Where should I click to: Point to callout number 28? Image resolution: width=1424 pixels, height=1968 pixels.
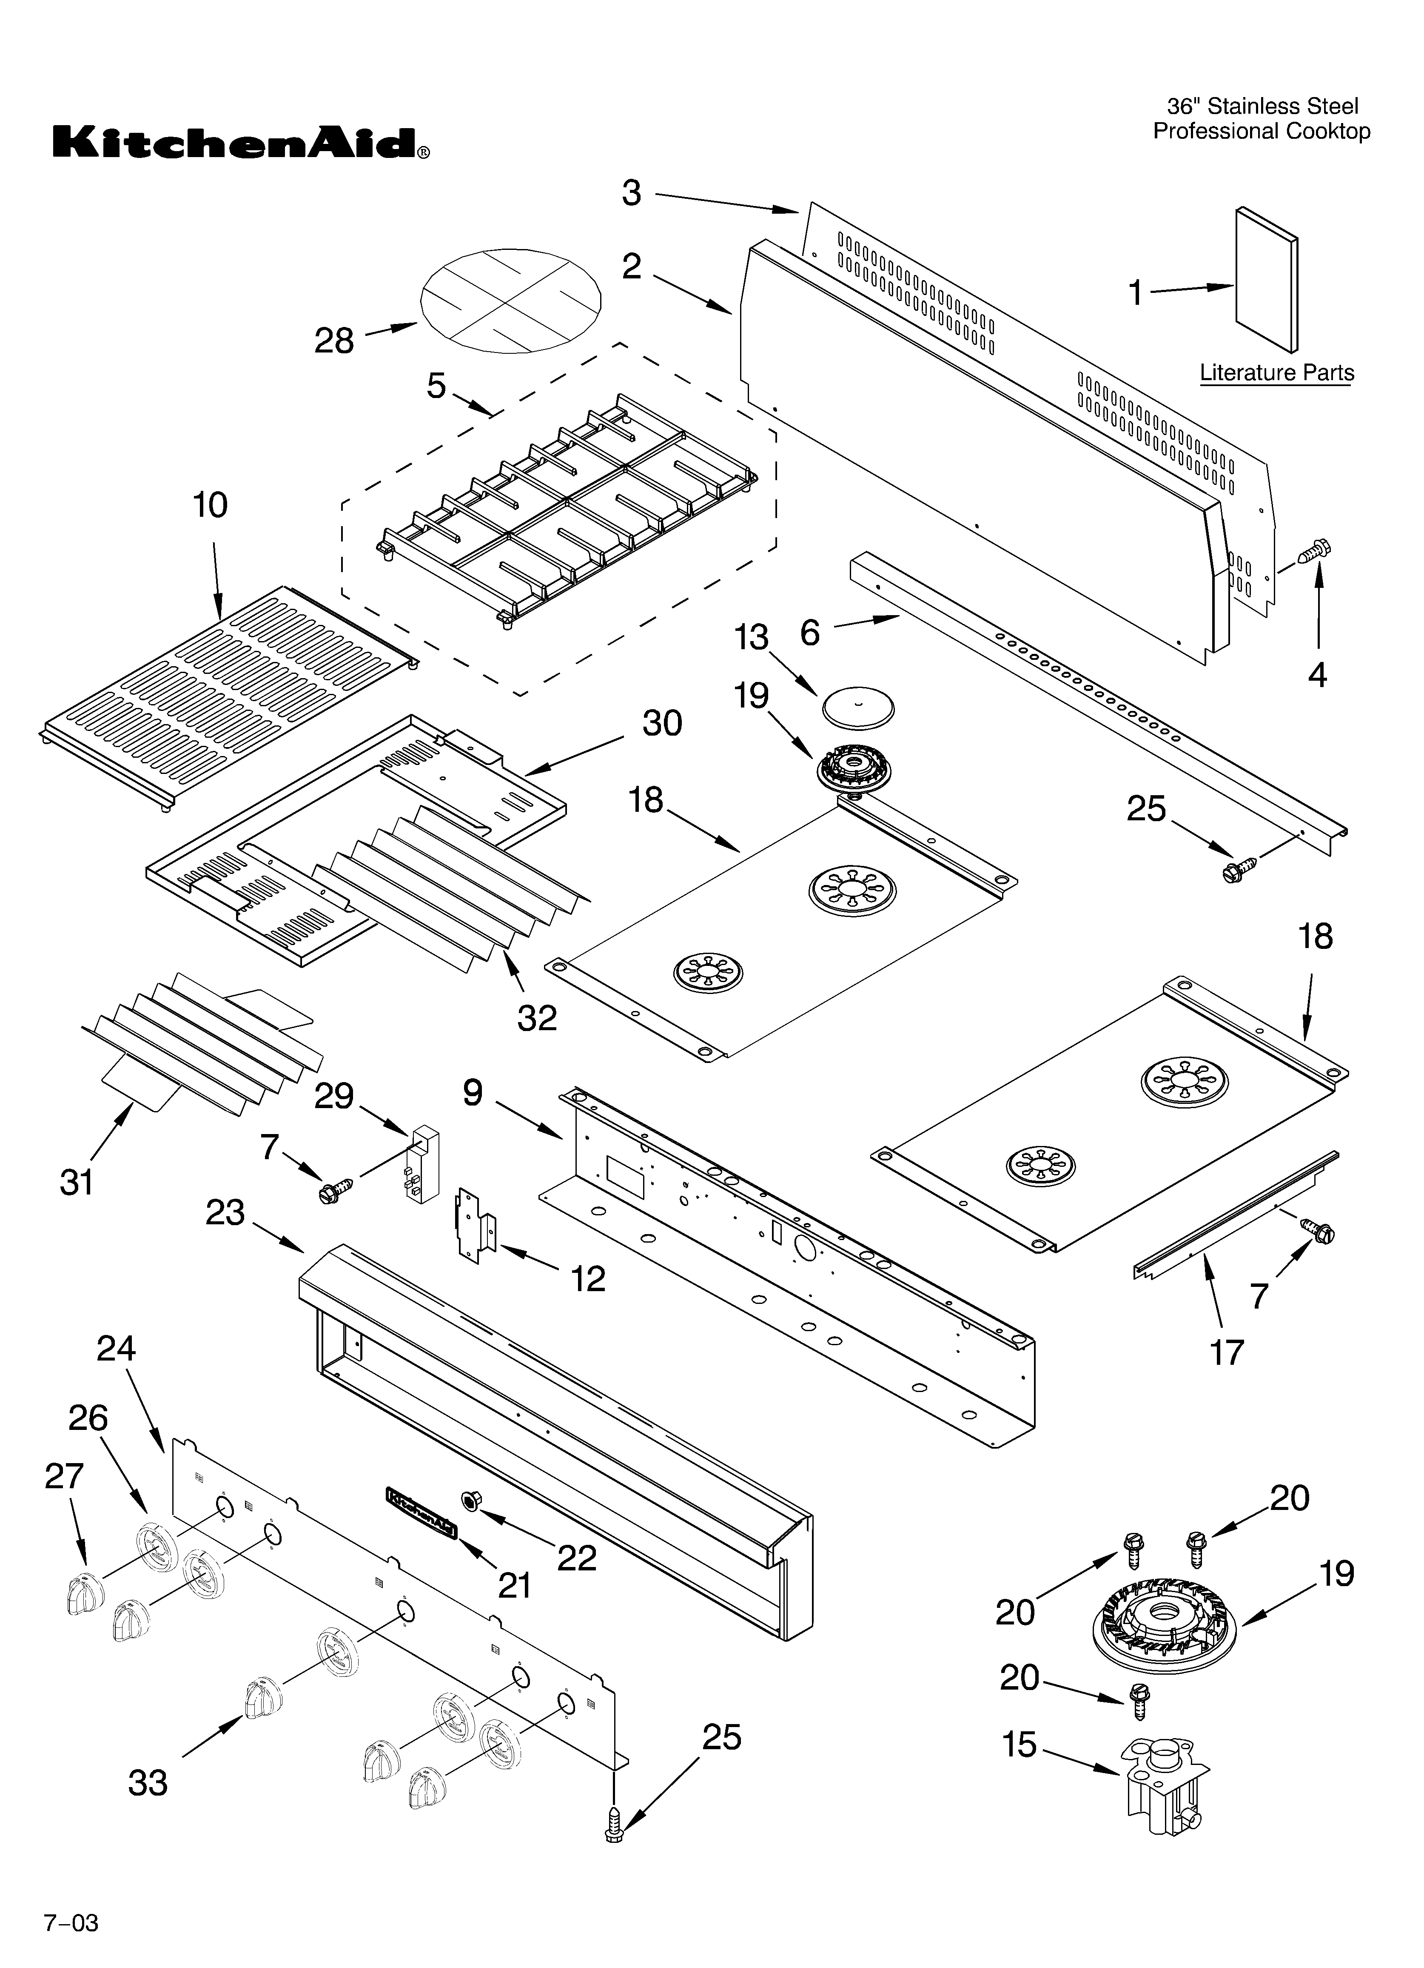coord(334,341)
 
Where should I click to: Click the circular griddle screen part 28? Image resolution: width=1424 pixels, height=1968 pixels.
coord(510,295)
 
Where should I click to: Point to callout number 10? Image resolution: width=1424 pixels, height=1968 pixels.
coord(210,504)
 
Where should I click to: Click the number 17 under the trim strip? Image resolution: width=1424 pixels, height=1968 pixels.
coord(1226,1352)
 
